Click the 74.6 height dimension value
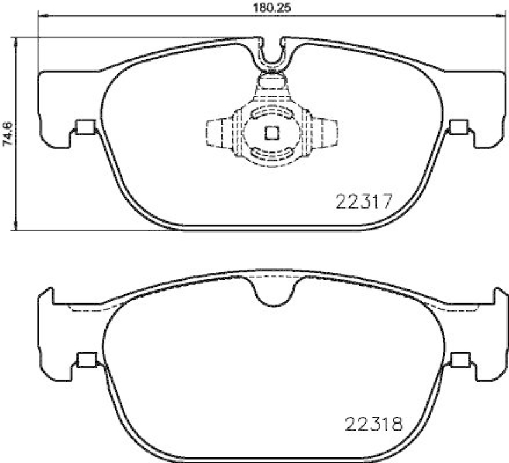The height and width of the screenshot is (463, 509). [7, 134]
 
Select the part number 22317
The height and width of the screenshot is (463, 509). [361, 202]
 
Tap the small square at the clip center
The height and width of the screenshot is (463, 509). [272, 133]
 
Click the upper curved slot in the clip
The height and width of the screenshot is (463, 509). [272, 113]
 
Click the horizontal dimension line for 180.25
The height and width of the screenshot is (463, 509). [159, 16]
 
